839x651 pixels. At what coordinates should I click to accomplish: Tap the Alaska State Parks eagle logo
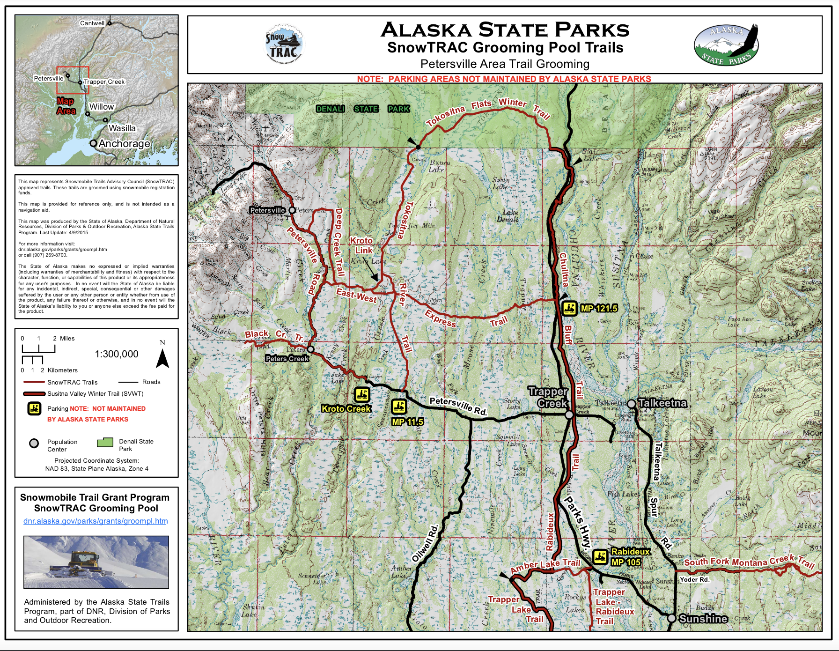tap(726, 45)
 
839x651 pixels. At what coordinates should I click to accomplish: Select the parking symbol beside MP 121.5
tap(569, 309)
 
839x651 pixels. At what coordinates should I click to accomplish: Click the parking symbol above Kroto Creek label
tap(361, 395)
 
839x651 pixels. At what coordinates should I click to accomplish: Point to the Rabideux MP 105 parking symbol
tap(600, 557)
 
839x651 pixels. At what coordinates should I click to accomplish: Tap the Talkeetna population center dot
tap(631, 404)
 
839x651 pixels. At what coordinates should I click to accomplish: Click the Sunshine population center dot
tap(671, 618)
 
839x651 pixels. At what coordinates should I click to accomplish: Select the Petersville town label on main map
tap(267, 210)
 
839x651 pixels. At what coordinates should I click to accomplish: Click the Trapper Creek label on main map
tap(548, 397)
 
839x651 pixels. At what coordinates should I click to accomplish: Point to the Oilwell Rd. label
tap(425, 543)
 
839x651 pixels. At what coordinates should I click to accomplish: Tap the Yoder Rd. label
tap(695, 579)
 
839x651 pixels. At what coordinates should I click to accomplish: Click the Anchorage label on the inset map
tap(124, 143)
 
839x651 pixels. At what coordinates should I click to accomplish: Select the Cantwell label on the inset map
tap(92, 23)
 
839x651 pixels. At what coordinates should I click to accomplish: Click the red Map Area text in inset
tap(66, 106)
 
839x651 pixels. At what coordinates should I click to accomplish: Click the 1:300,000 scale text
tap(117, 354)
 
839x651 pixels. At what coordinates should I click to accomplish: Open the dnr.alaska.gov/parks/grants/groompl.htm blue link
tap(96, 521)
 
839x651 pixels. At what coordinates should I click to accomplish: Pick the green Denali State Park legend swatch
tap(105, 443)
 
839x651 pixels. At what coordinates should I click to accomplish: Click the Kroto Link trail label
tap(362, 245)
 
